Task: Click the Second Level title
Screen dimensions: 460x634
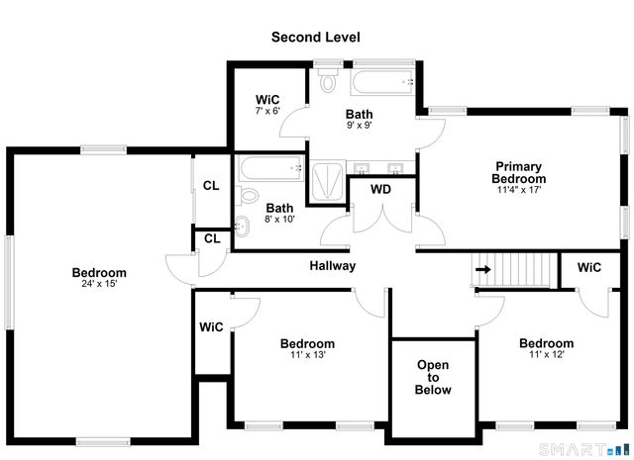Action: click(316, 37)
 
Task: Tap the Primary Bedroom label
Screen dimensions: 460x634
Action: click(519, 172)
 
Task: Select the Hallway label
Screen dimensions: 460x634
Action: click(332, 266)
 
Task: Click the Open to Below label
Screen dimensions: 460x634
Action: click(433, 378)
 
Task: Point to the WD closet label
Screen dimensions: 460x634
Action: click(380, 189)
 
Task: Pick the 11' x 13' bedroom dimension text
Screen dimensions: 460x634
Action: click(307, 355)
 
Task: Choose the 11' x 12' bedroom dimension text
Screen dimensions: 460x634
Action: click(546, 355)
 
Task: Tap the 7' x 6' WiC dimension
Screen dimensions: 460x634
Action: click(267, 112)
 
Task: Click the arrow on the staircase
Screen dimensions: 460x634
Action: click(483, 268)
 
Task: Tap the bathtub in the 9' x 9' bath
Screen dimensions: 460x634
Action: click(384, 80)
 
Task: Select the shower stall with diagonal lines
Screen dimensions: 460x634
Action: click(325, 184)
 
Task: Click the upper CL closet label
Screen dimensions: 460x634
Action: click(211, 185)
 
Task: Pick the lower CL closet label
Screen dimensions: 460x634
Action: click(212, 238)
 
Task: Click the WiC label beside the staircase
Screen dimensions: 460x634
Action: click(589, 267)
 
